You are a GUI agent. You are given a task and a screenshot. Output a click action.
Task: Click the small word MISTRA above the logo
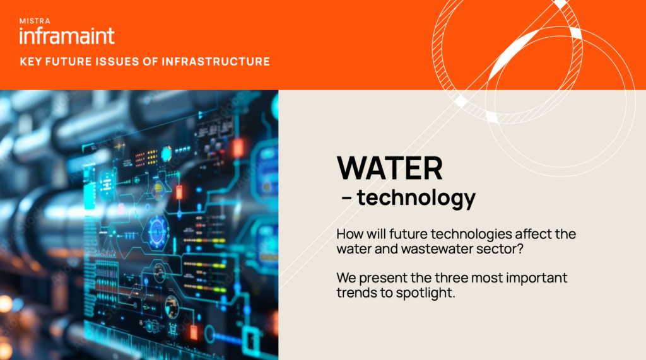pyautogui.click(x=35, y=21)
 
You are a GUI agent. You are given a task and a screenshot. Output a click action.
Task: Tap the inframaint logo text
pyautogui.click(x=67, y=36)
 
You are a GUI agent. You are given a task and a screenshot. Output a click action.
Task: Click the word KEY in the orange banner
pyautogui.click(x=30, y=62)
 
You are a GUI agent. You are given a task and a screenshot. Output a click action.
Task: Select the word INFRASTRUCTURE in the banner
pyautogui.click(x=216, y=62)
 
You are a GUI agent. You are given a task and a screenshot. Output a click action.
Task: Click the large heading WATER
pyautogui.click(x=390, y=168)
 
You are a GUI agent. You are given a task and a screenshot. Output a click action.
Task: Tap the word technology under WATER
pyautogui.click(x=416, y=198)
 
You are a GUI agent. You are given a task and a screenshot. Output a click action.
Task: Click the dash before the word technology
pyautogui.click(x=346, y=199)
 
